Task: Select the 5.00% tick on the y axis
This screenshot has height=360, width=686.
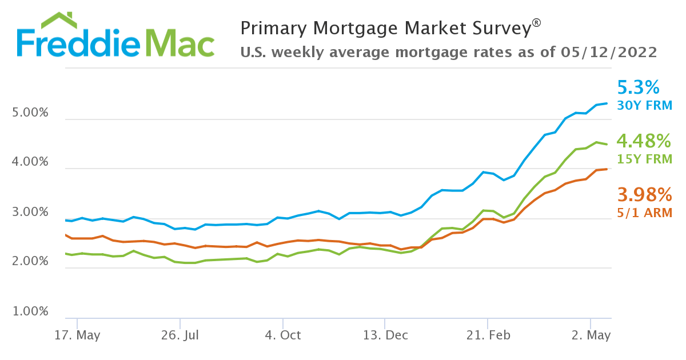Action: tap(30, 113)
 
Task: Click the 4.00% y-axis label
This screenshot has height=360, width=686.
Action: tap(30, 162)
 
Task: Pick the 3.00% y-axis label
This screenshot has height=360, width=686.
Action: tap(30, 212)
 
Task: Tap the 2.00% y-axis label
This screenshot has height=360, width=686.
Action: tap(30, 262)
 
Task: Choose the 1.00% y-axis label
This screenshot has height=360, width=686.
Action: tap(30, 311)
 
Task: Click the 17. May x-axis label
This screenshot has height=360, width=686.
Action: tap(77, 335)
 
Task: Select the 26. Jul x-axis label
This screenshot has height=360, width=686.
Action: tap(180, 335)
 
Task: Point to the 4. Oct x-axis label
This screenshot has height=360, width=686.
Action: tap(282, 335)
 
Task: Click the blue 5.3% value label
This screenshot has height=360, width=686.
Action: tap(639, 88)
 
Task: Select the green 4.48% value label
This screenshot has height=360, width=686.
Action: tap(644, 141)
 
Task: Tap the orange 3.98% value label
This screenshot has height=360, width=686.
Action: tap(644, 195)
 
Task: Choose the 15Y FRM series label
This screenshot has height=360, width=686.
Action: tap(644, 159)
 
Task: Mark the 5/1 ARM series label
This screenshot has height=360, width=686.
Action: tap(644, 213)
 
